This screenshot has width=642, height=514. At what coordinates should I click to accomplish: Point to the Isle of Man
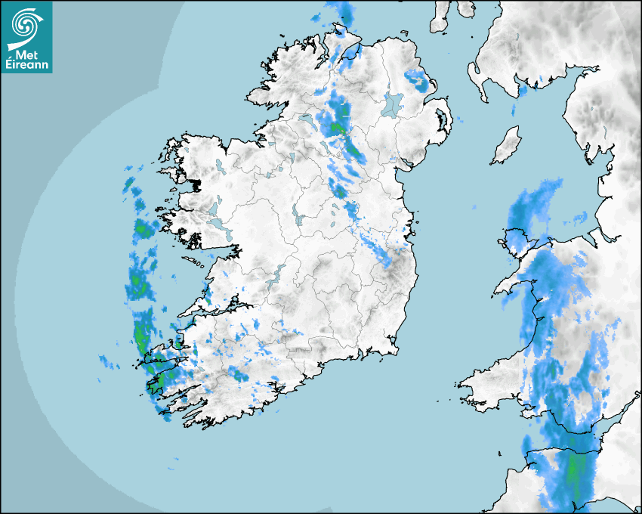pyautogui.click(x=507, y=146)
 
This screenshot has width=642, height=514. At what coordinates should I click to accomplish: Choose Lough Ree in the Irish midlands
pyautogui.click(x=300, y=216)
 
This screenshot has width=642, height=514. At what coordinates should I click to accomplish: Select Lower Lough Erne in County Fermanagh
pyautogui.click(x=305, y=120)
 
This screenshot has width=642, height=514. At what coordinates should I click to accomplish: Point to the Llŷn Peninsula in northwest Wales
pyautogui.click(x=514, y=283)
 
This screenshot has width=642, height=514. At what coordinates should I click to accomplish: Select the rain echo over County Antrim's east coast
pyautogui.click(x=417, y=79)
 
